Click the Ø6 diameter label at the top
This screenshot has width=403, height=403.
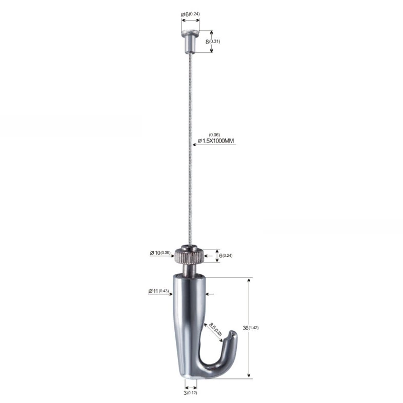pos(190,14)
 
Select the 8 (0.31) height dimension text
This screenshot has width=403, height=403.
pos(213,42)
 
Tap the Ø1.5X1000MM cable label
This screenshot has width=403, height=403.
pos(216,140)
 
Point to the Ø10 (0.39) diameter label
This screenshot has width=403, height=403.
pos(160,253)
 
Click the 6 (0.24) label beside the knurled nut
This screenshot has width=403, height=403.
pos(226,255)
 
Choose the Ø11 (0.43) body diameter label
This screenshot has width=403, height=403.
pos(158,291)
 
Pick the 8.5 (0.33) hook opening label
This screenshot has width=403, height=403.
pos(215,329)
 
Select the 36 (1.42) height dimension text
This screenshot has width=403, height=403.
pos(251,328)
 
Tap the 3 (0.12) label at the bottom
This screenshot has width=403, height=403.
pos(190,393)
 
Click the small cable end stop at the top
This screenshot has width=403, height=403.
pos(190,41)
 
